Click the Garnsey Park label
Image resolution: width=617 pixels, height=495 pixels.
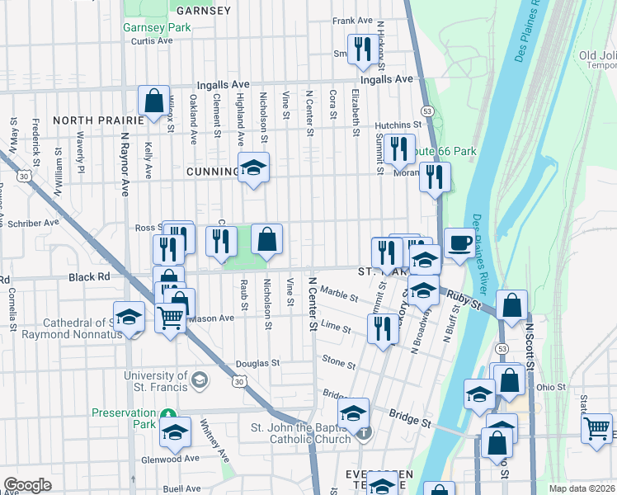157,27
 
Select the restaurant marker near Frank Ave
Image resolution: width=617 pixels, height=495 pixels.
360,49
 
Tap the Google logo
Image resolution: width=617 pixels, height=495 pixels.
27,484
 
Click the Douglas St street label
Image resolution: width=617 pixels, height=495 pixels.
258,363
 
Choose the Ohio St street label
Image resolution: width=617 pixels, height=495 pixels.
551,387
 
